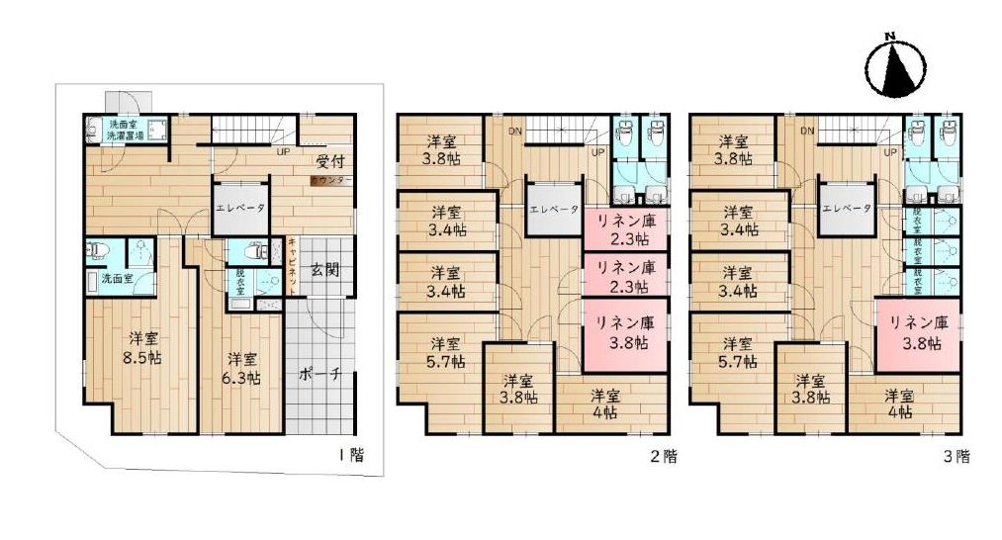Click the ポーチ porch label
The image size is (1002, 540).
point(319,375)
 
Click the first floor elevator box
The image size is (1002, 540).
point(239,209)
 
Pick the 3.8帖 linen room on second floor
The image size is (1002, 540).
point(624,333)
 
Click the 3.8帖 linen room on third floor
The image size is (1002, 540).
point(917,333)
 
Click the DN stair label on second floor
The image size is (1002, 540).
point(515,131)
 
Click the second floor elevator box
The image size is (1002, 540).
point(553,209)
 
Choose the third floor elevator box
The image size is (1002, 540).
point(846,209)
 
